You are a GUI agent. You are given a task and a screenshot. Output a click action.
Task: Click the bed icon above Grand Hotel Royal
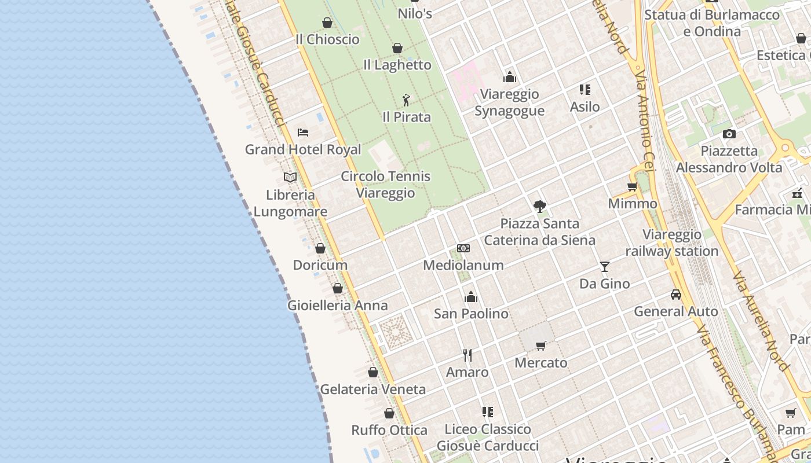pos(302,133)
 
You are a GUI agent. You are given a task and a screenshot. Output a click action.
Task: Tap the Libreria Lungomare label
pos(290,203)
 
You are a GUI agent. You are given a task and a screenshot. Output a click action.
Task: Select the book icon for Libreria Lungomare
pos(290,177)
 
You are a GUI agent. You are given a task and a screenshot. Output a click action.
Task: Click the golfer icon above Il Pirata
pos(406,100)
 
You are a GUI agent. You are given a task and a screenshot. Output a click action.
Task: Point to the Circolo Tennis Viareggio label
pos(386,184)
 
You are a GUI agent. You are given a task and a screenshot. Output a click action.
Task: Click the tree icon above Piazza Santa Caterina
pos(540,206)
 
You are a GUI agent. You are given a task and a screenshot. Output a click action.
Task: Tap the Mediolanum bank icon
pos(463,248)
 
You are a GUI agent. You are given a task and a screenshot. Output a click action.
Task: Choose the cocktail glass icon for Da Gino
pos(605,267)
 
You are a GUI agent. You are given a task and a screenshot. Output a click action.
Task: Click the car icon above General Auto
pos(676,295)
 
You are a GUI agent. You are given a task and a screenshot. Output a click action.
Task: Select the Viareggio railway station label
pos(672,243)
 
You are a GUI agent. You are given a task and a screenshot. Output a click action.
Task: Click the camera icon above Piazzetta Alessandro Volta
pos(729,134)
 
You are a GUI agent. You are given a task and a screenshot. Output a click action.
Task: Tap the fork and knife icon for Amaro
pos(467,355)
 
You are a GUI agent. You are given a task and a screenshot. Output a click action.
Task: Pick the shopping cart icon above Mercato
pos(541,346)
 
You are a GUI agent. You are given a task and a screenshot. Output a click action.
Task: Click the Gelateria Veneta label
pos(372,389)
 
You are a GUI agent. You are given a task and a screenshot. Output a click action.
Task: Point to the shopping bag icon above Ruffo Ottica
pos(389,413)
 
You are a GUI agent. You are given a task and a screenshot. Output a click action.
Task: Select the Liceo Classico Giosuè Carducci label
pos(488,438)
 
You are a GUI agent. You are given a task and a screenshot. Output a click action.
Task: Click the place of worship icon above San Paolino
pos(471,297)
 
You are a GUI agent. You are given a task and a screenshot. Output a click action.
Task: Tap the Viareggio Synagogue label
pos(510,102)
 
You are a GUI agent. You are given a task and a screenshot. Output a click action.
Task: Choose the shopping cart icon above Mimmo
pos(633,186)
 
